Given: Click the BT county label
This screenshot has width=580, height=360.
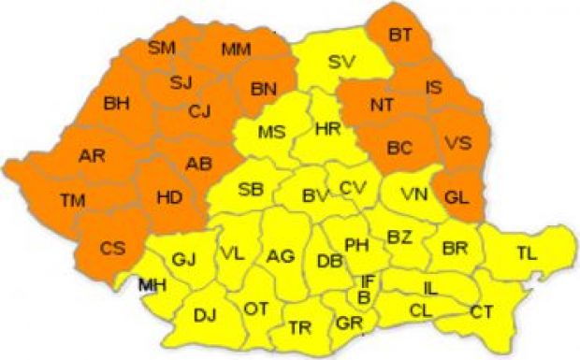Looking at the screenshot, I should click(400, 36).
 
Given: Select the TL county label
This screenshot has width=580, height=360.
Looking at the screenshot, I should click(528, 251).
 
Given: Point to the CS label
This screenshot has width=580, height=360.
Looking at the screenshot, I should click(111, 248).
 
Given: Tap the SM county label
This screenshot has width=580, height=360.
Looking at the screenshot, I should click(162, 47).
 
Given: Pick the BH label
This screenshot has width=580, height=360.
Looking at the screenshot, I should click(117, 102).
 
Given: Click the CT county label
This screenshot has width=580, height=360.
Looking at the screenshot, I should click(482, 310).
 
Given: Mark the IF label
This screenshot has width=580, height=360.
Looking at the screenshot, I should click(369, 281).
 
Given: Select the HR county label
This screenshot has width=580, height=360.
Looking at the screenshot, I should click(328, 128).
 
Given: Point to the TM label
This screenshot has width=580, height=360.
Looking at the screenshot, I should click(72, 199).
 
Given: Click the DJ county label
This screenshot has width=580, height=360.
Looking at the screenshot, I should click(205, 315).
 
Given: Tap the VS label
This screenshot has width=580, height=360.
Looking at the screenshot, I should click(457, 144).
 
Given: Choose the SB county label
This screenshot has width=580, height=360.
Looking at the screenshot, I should click(250, 189).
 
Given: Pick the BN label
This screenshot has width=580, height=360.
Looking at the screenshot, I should click(265, 90).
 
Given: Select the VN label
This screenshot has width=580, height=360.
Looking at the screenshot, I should click(413, 195).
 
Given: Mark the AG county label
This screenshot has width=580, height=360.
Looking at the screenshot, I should click(280, 255).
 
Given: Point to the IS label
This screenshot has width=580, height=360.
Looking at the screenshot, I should click(434, 88).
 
